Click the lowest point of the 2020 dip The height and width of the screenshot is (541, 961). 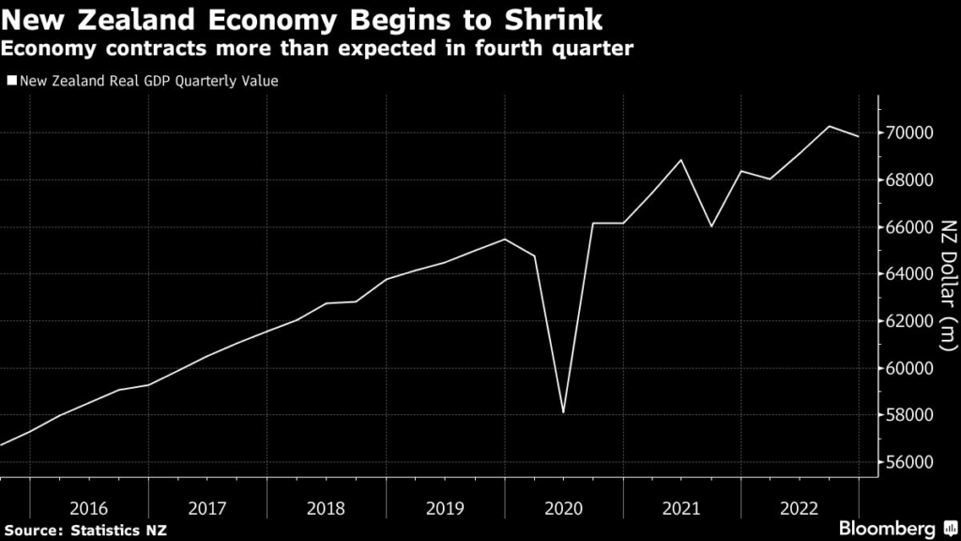[563, 412]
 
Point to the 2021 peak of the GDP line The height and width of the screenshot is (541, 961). [681, 160]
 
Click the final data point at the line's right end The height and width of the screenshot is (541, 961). [859, 137]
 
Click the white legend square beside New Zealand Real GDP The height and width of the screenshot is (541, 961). [11, 81]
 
